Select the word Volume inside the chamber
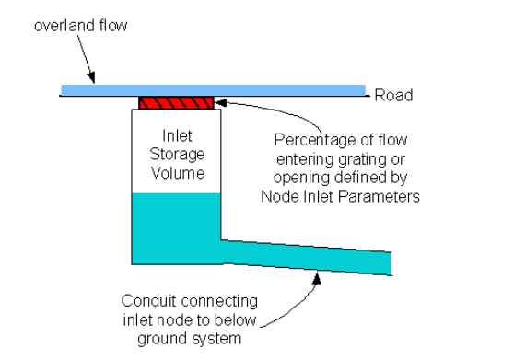176,172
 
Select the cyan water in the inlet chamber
175,226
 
